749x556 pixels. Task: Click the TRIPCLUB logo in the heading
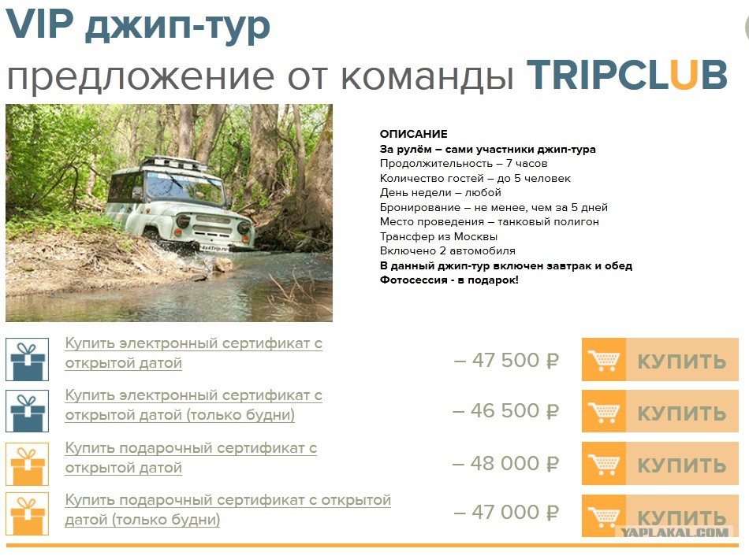(628, 76)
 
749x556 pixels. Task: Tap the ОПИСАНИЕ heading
(414, 134)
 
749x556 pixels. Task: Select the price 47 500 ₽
(506, 361)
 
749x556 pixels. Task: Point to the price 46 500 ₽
(506, 411)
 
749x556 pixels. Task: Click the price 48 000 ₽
(506, 463)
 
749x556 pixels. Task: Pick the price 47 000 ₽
(506, 513)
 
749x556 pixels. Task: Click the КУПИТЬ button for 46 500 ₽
(660, 411)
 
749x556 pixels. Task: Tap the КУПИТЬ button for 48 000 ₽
(660, 463)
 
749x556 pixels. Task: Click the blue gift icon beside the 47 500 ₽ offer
(28, 359)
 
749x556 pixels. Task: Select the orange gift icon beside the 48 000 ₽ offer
(28, 464)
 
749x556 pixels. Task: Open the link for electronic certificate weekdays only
(193, 406)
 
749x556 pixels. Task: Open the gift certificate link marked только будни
(228, 510)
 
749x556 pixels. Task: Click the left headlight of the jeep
(183, 221)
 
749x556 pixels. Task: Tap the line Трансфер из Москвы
(438, 236)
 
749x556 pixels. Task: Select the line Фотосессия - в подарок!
(449, 280)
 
